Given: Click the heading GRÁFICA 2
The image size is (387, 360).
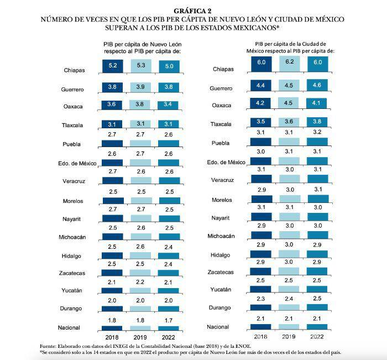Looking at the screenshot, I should pyautogui.click(x=192, y=11).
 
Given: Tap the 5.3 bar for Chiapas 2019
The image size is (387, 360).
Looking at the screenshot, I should pyautogui.click(x=140, y=66).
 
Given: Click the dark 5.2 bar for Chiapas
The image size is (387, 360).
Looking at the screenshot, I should pyautogui.click(x=113, y=66).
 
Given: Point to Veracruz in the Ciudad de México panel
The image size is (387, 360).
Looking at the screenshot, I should pyautogui.click(x=222, y=180).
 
